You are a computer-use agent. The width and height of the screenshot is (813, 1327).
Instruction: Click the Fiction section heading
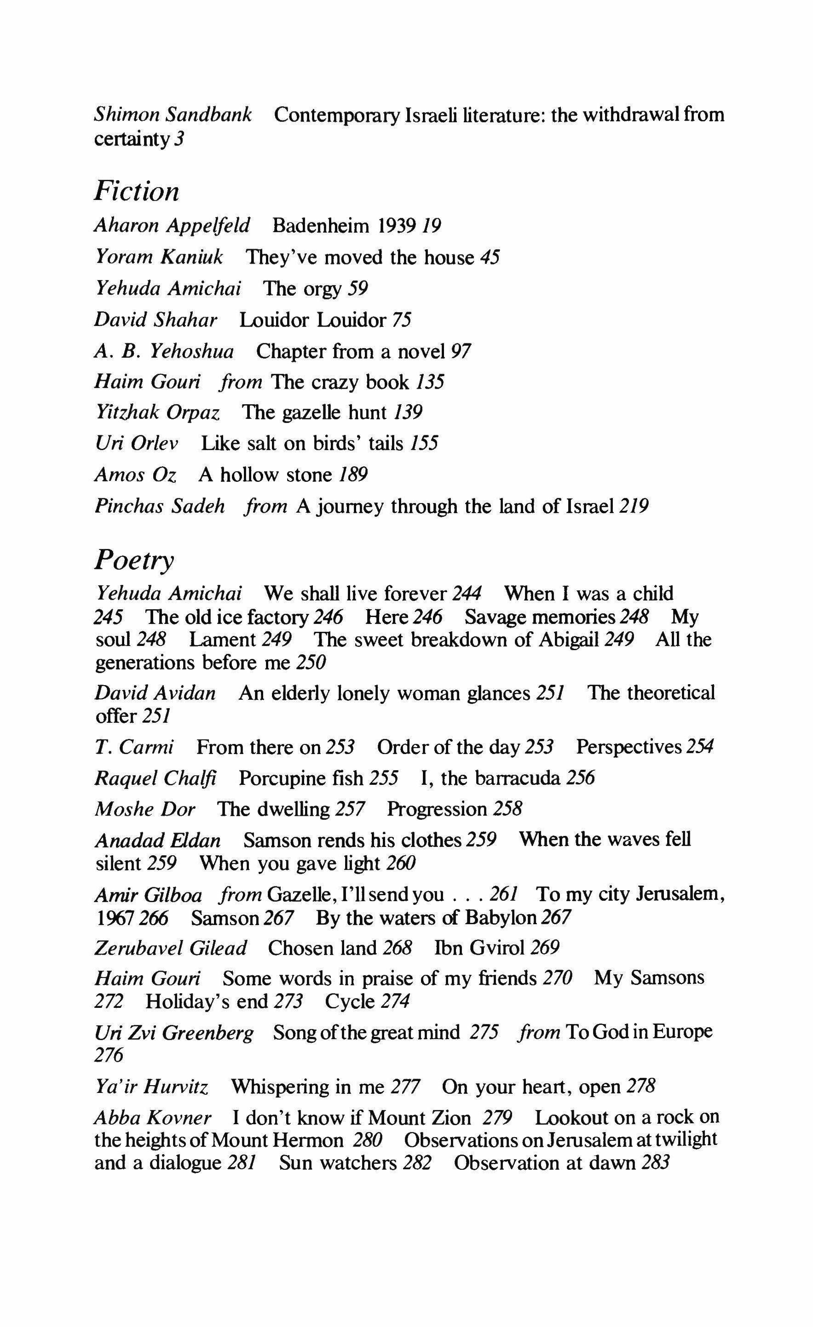pos(136,191)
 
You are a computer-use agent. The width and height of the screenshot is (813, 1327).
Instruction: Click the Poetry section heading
pos(134,561)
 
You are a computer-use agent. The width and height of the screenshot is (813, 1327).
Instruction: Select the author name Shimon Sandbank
pos(173,114)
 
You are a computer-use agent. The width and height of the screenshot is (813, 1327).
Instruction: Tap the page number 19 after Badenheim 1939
pos(432,226)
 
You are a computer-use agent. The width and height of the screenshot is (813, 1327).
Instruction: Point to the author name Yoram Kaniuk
pos(158,257)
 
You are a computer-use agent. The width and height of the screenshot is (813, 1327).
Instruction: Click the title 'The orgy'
pos(302,289)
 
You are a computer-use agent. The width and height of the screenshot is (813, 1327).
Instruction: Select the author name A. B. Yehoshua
pos(164,351)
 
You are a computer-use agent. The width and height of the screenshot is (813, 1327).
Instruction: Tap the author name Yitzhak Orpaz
pos(157,412)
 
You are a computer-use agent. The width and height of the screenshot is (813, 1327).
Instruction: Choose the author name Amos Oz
pos(135,475)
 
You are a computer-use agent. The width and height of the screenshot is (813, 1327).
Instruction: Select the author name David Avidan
pos(155,692)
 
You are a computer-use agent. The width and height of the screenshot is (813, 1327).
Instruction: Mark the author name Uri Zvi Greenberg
pos(173,1032)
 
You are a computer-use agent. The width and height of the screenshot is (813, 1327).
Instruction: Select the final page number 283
pos(655,1163)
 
